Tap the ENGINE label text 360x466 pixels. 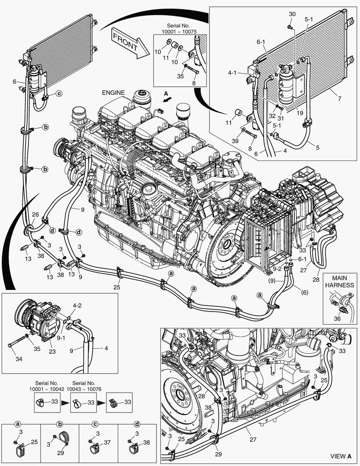coord(113,93)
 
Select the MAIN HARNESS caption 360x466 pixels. coord(339,281)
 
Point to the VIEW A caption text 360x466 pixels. coord(341,456)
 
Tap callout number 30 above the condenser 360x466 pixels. coord(292,14)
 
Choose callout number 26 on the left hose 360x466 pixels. coord(35,214)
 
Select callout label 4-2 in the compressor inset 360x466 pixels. coord(77,306)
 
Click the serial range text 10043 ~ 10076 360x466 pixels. coord(87,389)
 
